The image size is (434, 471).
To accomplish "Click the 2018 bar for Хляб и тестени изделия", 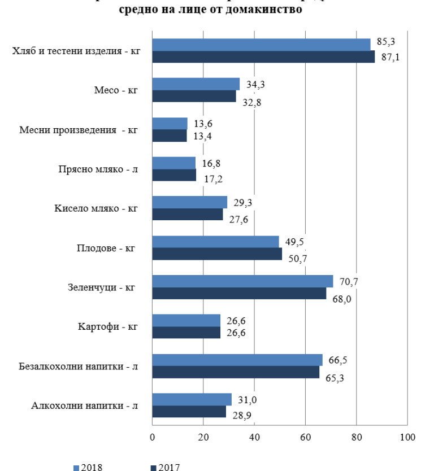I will pos(261,45).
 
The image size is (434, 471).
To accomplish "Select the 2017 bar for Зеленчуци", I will pos(239,294).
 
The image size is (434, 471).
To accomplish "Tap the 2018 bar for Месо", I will pos(196,84).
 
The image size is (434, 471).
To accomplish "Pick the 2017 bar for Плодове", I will pos(217,254).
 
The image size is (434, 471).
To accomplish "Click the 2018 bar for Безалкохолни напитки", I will pos(237,360).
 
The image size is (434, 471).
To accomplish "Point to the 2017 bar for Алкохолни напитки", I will pos(189,412).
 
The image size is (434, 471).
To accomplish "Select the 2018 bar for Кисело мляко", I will pos(189,202).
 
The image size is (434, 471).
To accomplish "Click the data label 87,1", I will pos(390,58).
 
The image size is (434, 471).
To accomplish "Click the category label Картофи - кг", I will pos(108,327).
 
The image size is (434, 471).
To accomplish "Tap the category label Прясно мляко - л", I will pos(98,169).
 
